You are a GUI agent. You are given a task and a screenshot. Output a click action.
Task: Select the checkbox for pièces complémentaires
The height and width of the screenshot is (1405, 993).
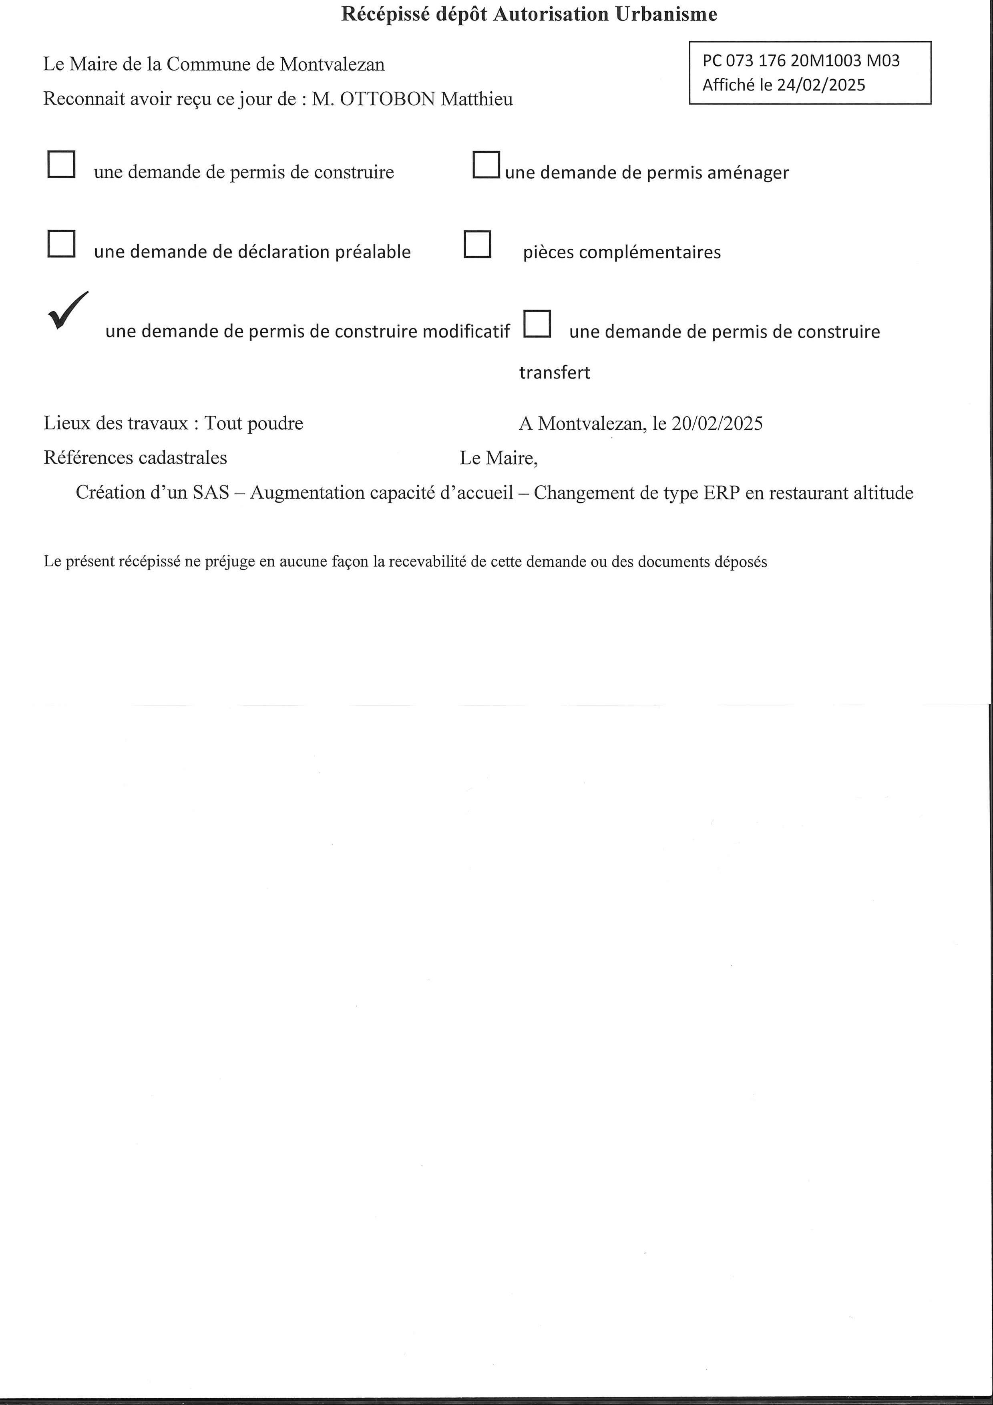tap(477, 244)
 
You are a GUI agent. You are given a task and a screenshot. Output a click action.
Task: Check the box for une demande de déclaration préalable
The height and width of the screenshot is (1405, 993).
tap(61, 244)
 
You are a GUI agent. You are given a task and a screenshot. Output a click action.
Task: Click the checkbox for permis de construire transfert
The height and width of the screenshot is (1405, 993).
tap(537, 324)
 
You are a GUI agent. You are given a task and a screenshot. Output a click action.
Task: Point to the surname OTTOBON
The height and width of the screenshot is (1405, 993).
tap(387, 99)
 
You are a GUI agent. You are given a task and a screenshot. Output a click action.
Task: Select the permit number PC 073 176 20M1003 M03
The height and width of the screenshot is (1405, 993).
tap(800, 60)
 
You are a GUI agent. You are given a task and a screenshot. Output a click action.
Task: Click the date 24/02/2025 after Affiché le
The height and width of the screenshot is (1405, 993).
tap(821, 85)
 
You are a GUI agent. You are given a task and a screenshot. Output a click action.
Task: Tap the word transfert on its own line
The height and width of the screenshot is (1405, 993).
tap(554, 372)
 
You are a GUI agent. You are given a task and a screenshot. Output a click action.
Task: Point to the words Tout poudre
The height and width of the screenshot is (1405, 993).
tap(253, 423)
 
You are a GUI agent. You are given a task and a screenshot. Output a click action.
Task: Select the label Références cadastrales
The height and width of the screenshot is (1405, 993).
tap(135, 458)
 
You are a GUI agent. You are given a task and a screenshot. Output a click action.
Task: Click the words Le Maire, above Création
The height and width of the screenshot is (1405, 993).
tap(499, 458)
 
